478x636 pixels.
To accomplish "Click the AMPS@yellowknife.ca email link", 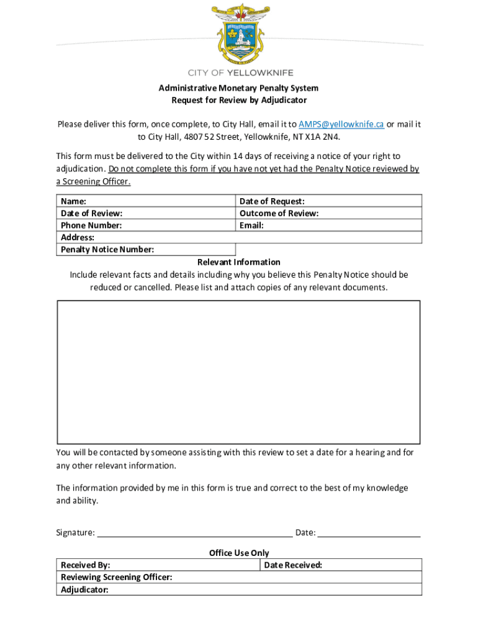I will click(341, 124).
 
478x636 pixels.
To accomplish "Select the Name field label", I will click(73, 201).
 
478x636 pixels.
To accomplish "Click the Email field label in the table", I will click(251, 225).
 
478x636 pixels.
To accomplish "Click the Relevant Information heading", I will click(239, 262).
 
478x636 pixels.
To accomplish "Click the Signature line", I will click(195, 532).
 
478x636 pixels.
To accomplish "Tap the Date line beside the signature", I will click(369, 532).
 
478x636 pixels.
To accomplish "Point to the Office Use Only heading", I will click(239, 553).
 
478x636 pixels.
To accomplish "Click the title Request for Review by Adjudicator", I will click(239, 100).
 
